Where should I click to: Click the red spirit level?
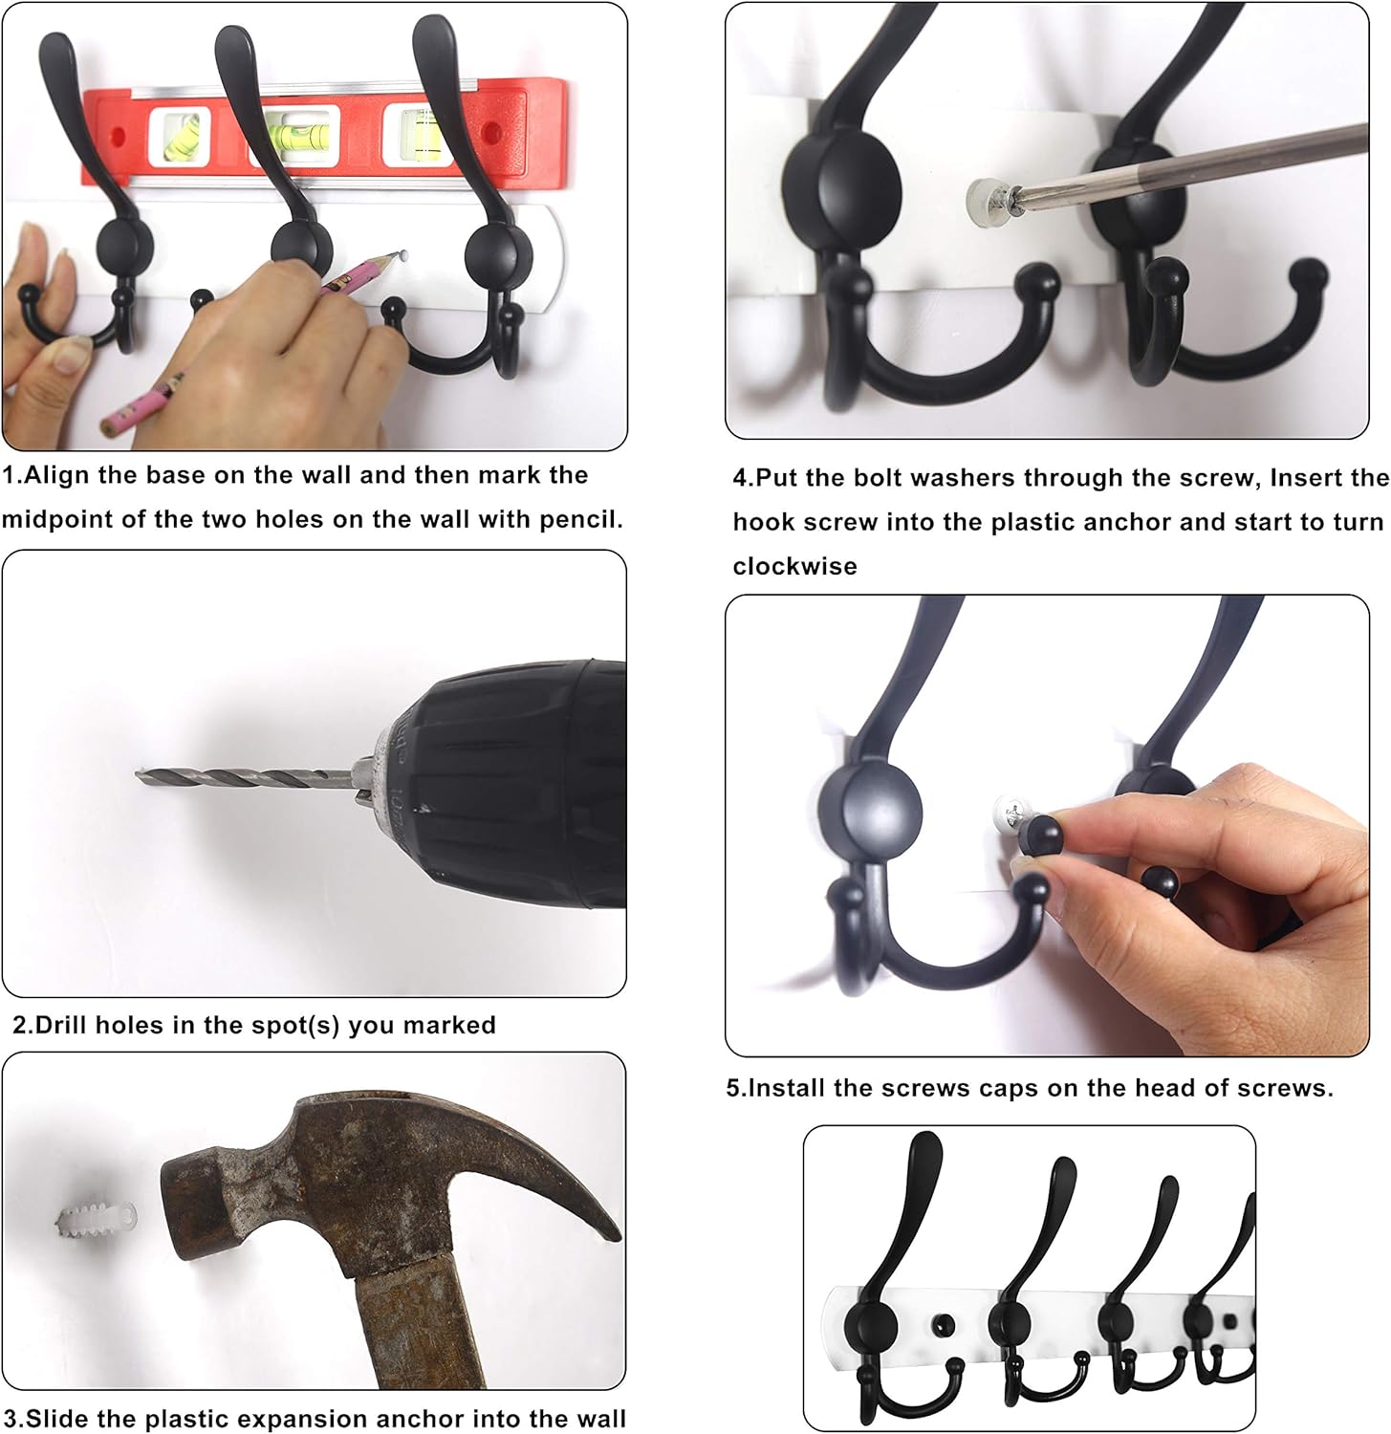325,135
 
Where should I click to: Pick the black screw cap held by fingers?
1040,834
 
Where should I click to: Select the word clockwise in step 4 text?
795,566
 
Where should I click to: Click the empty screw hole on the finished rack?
945,1325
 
